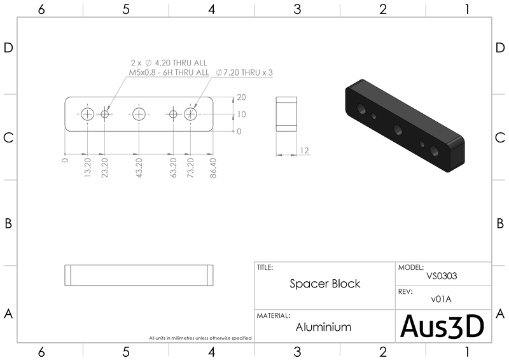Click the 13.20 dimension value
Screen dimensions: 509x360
click(87, 167)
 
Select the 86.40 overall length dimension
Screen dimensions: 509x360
click(213, 168)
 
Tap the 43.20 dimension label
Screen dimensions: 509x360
click(139, 167)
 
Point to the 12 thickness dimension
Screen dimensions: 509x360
click(305, 150)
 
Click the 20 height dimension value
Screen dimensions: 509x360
click(242, 97)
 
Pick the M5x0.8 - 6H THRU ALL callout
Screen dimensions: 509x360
click(169, 73)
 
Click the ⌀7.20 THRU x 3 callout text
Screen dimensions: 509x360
click(244, 73)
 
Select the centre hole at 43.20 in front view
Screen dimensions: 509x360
click(139, 114)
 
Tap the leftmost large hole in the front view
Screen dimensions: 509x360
click(87, 114)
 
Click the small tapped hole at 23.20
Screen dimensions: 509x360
click(104, 114)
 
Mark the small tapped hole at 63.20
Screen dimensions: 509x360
click(173, 114)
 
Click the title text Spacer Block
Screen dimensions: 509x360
click(325, 284)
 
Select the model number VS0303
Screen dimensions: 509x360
click(442, 276)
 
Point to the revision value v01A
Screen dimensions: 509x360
click(441, 299)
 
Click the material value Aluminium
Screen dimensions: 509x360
click(323, 327)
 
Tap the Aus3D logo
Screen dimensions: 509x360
click(442, 326)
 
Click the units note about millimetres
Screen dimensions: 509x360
click(200, 338)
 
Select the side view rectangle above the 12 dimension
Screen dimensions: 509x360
click(286, 114)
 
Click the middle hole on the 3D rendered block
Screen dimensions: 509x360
click(398, 130)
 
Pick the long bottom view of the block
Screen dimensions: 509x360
click(139, 275)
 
